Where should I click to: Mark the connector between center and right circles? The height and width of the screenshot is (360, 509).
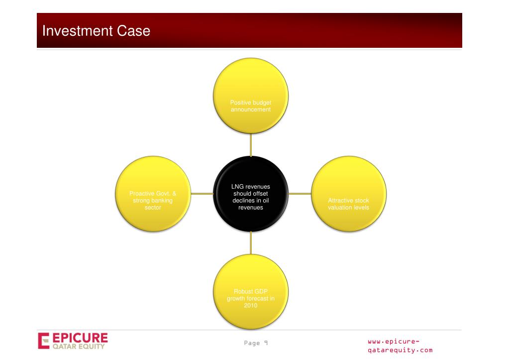[300, 193]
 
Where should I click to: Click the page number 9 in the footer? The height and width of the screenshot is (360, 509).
[266, 343]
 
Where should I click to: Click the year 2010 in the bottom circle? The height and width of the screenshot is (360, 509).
[251, 305]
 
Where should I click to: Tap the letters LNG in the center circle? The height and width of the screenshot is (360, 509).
[238, 187]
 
